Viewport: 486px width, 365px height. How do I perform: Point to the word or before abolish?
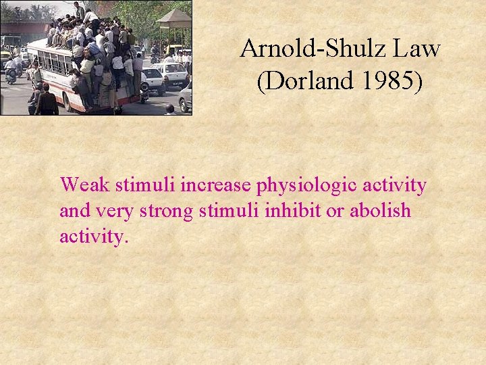pyautogui.click(x=334, y=212)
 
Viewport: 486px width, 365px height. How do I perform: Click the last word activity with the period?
pyautogui.click(x=94, y=238)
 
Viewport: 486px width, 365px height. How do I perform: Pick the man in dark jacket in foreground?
pyautogui.click(x=47, y=101)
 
